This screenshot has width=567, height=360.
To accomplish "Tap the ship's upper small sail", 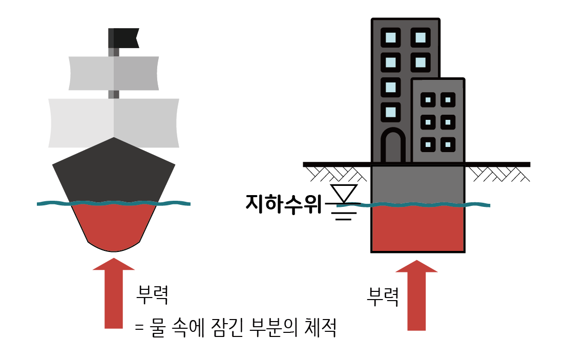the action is click(114, 73).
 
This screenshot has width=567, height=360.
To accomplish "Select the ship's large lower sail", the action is click(114, 123).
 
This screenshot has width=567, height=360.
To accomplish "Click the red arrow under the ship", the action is click(114, 297).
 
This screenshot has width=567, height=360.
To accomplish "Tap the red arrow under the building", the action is click(417, 297).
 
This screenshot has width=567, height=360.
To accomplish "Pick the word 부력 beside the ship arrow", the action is click(152, 294).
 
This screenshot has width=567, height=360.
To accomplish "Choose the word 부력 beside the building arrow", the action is click(383, 297).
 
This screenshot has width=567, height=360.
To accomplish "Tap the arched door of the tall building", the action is click(393, 146).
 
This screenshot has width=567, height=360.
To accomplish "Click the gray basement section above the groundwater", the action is click(418, 184).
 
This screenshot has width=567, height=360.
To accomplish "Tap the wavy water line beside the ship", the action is click(51, 204).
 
